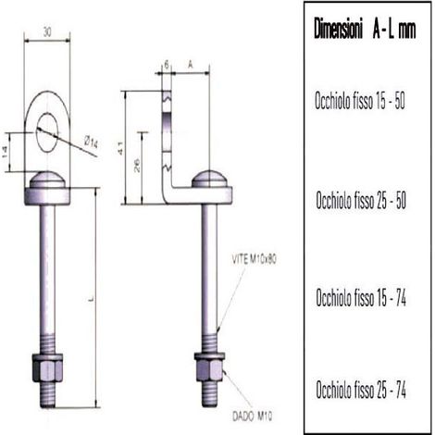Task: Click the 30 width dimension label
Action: [47, 31]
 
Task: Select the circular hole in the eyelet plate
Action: [46, 132]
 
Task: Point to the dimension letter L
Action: [91, 299]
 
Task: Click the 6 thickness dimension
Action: [167, 65]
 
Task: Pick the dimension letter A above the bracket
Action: [191, 65]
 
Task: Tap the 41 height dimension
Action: [120, 148]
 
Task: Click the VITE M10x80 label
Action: [254, 259]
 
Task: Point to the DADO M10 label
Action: [253, 416]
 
